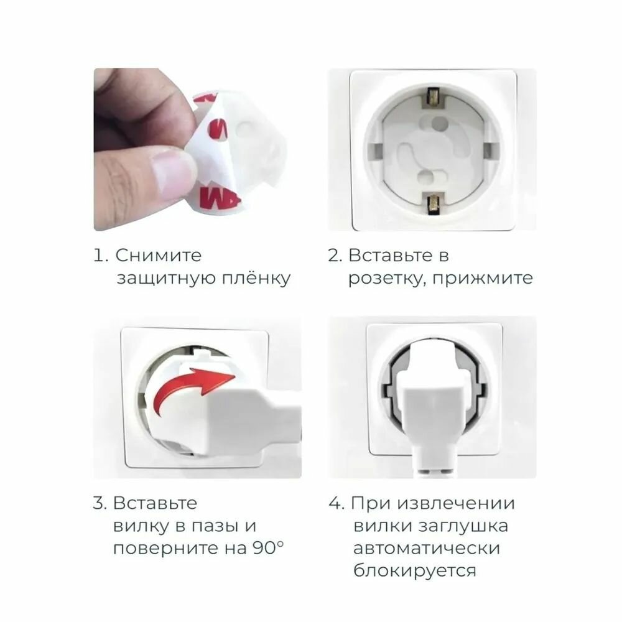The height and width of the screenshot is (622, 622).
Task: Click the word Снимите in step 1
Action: tap(158, 256)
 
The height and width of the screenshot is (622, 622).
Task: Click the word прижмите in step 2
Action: tap(483, 279)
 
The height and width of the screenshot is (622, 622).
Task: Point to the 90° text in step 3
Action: tap(268, 548)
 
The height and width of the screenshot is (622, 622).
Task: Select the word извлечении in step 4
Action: tap(456, 504)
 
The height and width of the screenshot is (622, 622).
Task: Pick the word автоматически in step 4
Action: tap(427, 549)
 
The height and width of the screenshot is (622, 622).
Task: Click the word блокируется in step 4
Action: tap(414, 572)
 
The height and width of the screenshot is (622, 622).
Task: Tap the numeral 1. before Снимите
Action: tap(100, 256)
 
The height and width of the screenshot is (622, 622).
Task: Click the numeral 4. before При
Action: tap(337, 504)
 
